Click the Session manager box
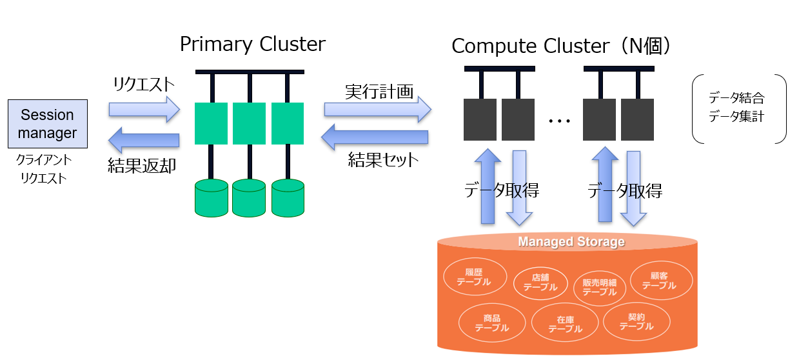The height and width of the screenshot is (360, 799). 48,124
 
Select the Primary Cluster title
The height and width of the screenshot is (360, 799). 252,45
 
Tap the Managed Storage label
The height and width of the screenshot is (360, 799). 571,242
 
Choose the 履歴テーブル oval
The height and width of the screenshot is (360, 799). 473,277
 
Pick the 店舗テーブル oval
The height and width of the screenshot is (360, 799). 540,283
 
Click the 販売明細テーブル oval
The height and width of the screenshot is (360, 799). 599,287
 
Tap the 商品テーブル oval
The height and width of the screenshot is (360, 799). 491,323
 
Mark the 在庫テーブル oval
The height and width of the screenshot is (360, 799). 565,324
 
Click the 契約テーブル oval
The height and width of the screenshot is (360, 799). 636,322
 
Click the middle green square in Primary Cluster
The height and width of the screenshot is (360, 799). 249,123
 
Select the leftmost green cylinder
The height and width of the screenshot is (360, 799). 211,197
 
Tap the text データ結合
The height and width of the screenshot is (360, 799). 736,99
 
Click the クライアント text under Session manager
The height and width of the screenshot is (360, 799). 44,159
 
